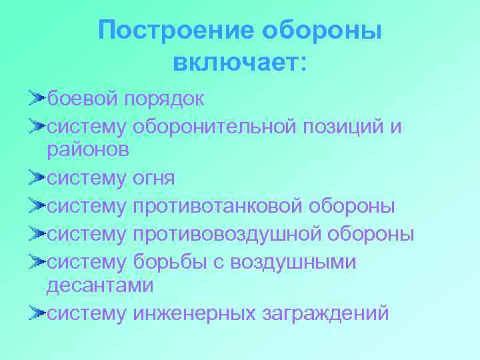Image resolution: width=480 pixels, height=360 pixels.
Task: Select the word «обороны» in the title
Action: point(323,31)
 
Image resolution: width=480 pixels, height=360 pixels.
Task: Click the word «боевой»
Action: point(83,99)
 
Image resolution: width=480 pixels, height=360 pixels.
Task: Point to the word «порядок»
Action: point(163,99)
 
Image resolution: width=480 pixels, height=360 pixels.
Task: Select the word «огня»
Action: point(153,178)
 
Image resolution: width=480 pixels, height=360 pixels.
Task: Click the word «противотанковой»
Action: point(218,206)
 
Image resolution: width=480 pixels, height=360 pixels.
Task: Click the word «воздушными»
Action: point(293,262)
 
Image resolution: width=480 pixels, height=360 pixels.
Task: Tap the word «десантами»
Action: point(100,286)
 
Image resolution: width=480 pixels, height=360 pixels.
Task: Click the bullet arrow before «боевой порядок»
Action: point(37,99)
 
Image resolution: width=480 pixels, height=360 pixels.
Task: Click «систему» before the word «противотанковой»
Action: point(86,206)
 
